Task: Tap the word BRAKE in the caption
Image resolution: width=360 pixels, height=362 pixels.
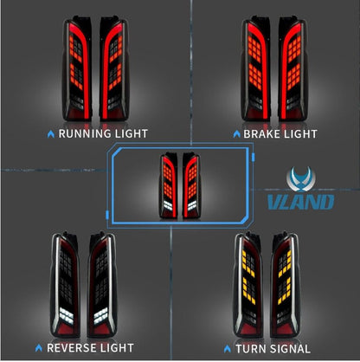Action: click(261, 134)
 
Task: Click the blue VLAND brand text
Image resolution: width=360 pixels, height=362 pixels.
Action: click(300, 202)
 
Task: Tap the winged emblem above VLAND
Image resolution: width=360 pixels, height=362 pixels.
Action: click(301, 179)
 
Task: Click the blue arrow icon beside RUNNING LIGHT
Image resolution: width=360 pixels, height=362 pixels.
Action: click(51, 134)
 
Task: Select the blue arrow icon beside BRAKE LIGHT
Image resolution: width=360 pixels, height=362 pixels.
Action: click(236, 134)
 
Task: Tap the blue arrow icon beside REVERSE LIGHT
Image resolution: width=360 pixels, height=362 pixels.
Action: click(39, 348)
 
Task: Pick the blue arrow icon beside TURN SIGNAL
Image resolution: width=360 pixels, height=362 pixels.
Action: click(228, 349)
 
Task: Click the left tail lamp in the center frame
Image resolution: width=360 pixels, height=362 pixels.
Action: click(168, 185)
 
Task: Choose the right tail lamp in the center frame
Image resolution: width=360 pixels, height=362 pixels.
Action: click(191, 185)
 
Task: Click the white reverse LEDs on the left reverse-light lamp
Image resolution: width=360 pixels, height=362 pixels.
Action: click(67, 315)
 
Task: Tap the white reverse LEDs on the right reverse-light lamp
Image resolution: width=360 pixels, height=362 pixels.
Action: click(101, 315)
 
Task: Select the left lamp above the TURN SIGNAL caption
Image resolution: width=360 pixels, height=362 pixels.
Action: click(248, 285)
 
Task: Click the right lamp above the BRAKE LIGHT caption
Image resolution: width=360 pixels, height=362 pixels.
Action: click(292, 68)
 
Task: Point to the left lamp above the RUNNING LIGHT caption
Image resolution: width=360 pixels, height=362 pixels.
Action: click(77, 68)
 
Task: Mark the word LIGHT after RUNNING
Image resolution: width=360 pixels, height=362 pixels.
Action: click(132, 133)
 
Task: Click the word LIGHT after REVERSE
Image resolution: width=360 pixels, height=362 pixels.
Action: click(119, 348)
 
